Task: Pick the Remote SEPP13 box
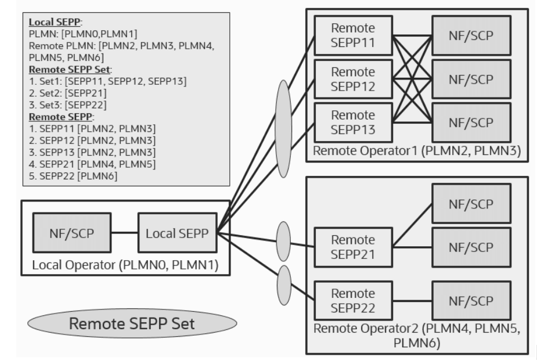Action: [x=352, y=122]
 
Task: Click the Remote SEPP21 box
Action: [x=352, y=247]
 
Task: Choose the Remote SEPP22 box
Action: [x=352, y=300]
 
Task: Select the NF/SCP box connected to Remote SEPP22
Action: [x=471, y=300]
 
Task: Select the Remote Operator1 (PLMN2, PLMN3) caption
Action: [x=417, y=152]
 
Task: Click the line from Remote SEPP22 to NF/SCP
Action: [x=412, y=300]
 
